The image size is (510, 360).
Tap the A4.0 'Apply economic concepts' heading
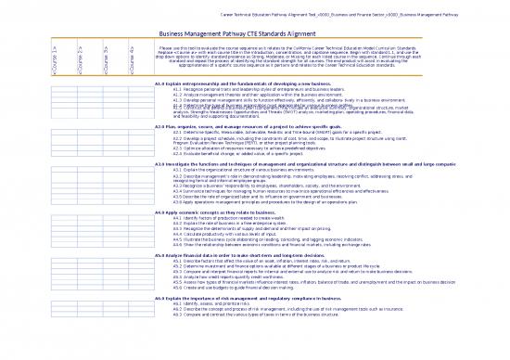223,213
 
